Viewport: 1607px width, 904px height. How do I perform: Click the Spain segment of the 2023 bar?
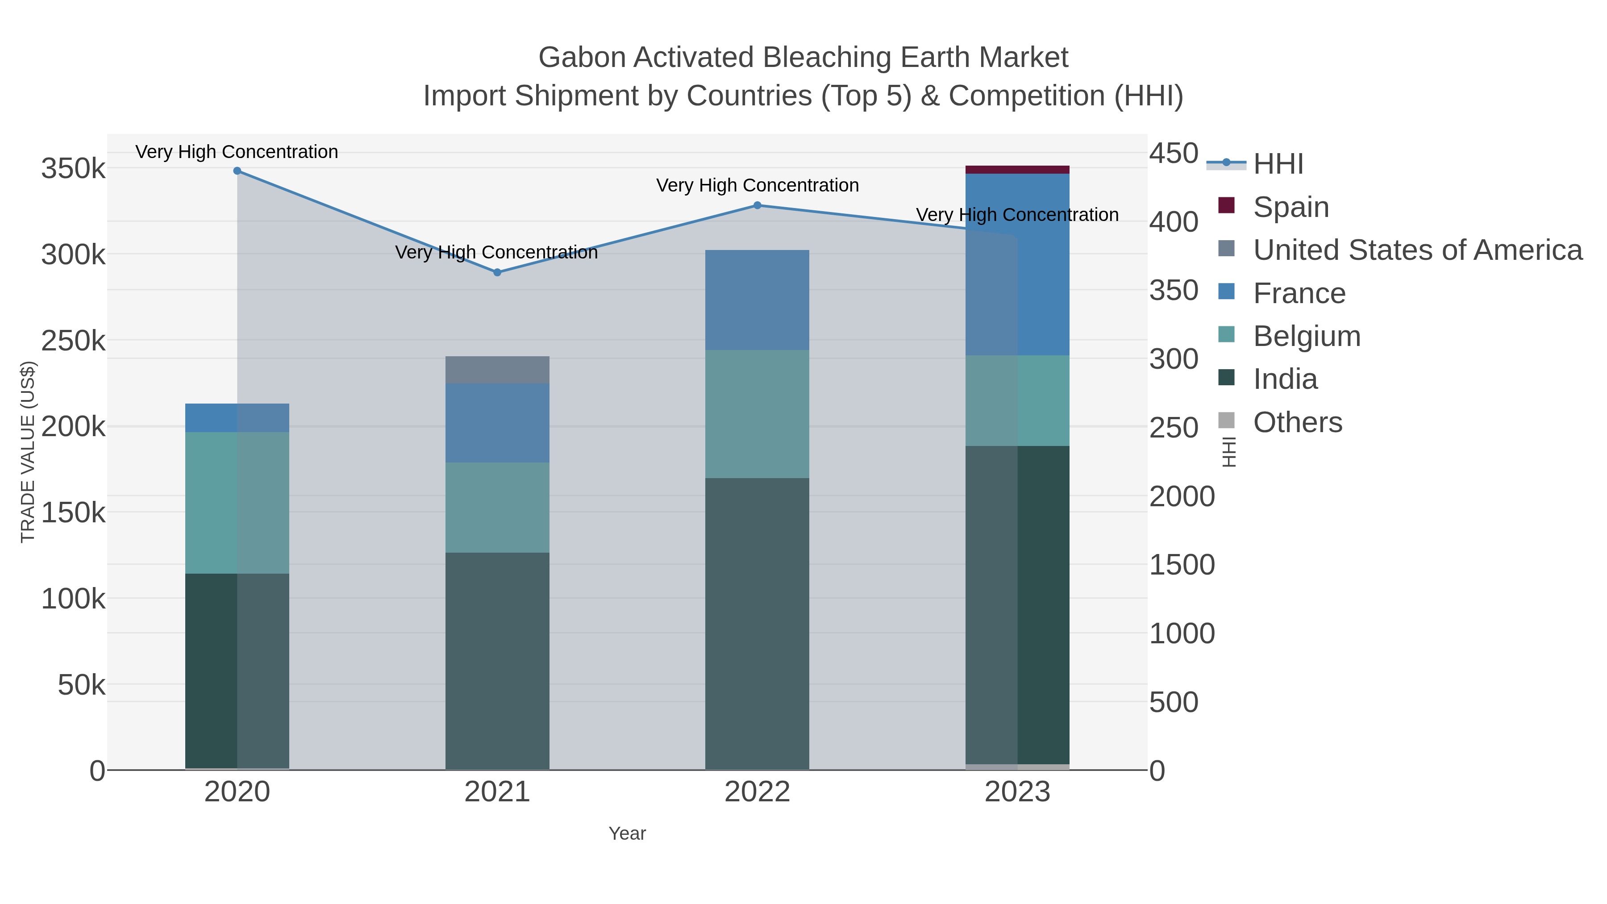coord(1017,170)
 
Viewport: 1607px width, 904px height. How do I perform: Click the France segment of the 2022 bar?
coord(757,300)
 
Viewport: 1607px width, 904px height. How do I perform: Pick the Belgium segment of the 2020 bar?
coord(237,503)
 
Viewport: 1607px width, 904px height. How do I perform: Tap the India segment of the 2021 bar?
coord(497,661)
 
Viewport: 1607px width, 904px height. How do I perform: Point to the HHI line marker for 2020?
coord(237,171)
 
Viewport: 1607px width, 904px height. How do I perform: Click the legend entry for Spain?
coord(1290,207)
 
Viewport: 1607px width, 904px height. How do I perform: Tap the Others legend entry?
coord(1297,422)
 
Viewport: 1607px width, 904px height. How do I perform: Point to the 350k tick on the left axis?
coord(73,168)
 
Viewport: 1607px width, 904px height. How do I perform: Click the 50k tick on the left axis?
coord(81,685)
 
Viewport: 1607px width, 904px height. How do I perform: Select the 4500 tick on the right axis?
coord(1173,154)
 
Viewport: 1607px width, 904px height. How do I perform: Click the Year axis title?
coord(627,833)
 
